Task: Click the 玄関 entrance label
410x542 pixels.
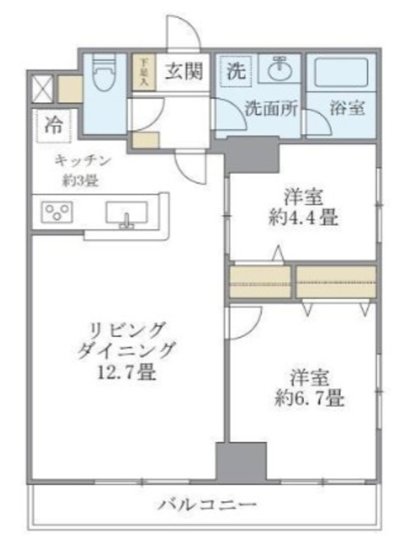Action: click(183, 73)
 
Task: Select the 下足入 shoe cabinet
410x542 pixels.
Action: click(144, 72)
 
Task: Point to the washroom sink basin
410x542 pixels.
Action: click(277, 71)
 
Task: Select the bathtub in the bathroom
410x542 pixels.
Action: click(341, 74)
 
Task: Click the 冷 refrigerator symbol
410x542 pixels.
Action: click(53, 126)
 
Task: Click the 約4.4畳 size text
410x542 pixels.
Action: click(302, 218)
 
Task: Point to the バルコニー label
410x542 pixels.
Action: click(202, 506)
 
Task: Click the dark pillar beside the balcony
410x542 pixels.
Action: click(241, 462)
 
